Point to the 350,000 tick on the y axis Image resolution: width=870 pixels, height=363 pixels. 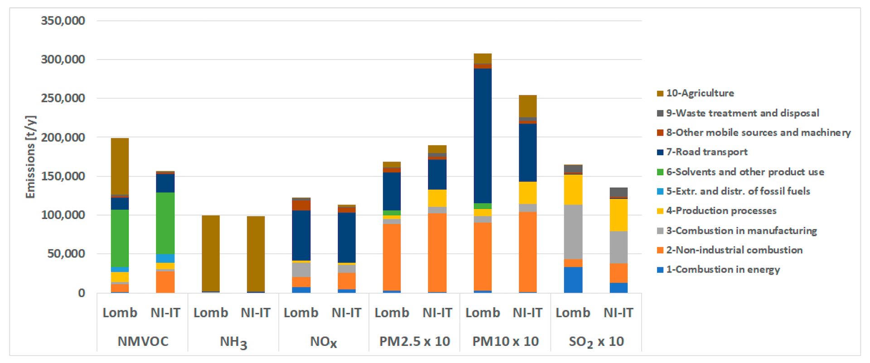[x=63, y=21]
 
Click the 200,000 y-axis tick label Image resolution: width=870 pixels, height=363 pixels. [x=63, y=137]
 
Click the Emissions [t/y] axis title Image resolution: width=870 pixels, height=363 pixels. [x=30, y=157]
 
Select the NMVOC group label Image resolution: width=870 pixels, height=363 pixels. [x=143, y=341]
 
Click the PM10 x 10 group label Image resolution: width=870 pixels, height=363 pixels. [x=505, y=341]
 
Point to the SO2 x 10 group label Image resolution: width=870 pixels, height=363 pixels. [x=596, y=342]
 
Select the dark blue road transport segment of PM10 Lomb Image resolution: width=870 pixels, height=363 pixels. [x=483, y=136]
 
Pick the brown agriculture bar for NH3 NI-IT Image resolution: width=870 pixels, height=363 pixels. [x=256, y=254]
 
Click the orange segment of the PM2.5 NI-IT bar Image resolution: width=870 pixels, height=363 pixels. [x=437, y=253]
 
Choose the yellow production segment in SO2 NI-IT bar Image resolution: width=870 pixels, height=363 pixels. [x=619, y=215]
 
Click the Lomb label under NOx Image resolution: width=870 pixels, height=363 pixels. [x=301, y=313]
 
